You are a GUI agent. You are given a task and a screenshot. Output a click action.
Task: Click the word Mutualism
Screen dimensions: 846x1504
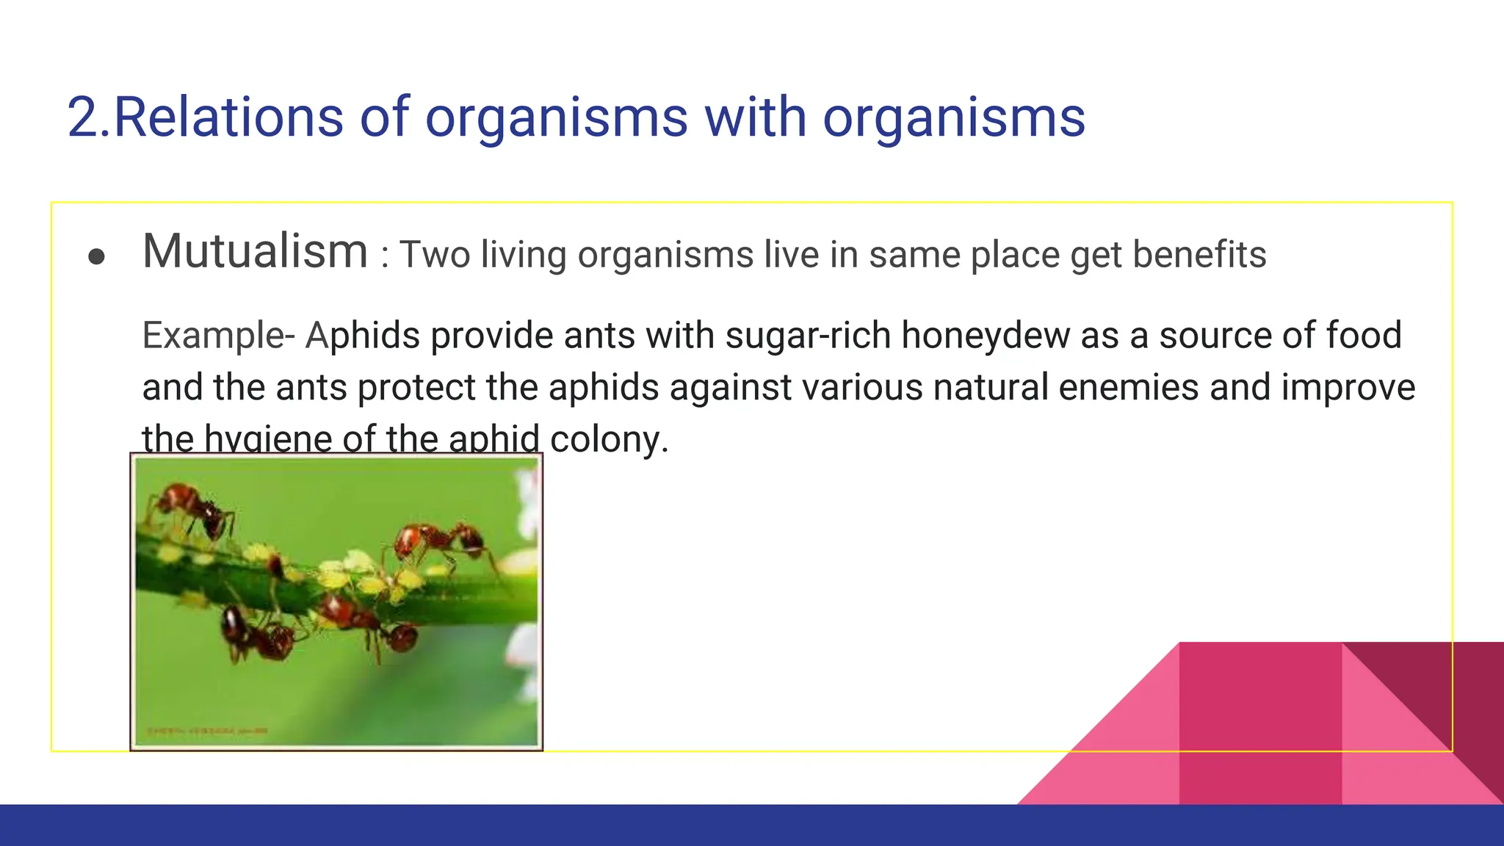(x=255, y=252)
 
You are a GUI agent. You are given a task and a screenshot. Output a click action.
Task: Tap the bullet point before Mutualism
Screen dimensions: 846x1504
(x=96, y=257)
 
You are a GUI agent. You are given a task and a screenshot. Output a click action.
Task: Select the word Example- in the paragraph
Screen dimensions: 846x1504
(x=218, y=336)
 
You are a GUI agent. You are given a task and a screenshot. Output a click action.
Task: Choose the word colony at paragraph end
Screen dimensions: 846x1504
(x=609, y=439)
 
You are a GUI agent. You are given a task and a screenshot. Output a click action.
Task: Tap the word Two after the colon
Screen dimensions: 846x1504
(x=435, y=255)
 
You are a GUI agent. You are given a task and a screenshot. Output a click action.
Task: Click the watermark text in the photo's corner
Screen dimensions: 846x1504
(x=208, y=731)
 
